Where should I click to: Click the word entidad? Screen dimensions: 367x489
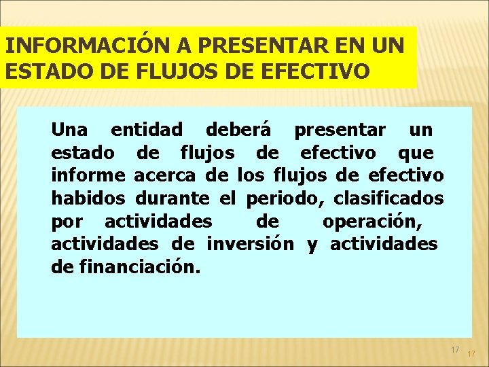(x=147, y=129)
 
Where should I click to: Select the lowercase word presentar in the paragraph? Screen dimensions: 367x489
(x=340, y=129)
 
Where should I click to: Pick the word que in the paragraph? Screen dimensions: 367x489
(x=416, y=152)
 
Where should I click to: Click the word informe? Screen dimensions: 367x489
(x=88, y=175)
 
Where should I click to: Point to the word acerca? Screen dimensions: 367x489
(x=165, y=175)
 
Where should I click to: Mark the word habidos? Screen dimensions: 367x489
(x=88, y=198)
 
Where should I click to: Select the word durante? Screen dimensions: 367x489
(x=173, y=198)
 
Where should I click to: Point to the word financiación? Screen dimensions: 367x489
(x=140, y=267)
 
